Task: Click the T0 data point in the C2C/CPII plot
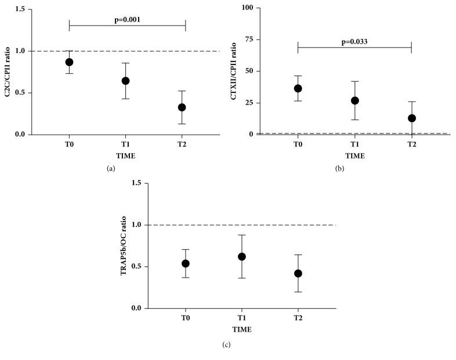(69, 62)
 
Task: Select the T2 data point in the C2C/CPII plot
(182, 107)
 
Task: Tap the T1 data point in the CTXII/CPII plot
(355, 100)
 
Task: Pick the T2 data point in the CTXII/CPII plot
(412, 118)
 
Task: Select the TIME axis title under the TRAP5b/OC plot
(242, 329)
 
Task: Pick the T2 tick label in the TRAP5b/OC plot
(298, 319)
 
